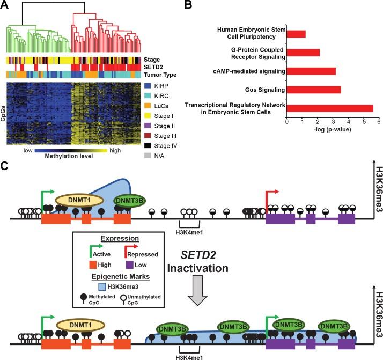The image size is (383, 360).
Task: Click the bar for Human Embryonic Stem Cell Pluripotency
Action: click(x=296, y=34)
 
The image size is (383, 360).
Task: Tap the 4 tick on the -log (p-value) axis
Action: click(x=348, y=122)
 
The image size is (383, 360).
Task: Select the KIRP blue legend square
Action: click(x=149, y=85)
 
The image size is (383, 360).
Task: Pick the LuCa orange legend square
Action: click(x=149, y=108)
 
